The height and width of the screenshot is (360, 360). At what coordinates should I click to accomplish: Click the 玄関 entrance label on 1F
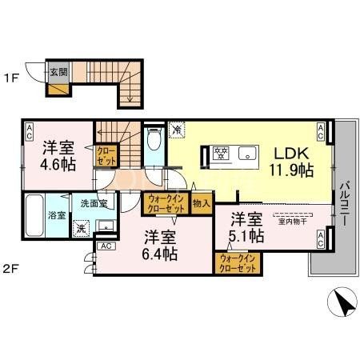pyautogui.click(x=59, y=71)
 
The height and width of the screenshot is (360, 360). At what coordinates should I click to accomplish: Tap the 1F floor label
pyautogui.click(x=11, y=78)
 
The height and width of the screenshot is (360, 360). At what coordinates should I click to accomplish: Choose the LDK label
pyautogui.click(x=292, y=153)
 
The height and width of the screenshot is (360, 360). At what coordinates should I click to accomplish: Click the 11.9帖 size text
pyautogui.click(x=292, y=170)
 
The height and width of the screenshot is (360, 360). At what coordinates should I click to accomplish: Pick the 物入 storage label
pyautogui.click(x=202, y=204)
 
